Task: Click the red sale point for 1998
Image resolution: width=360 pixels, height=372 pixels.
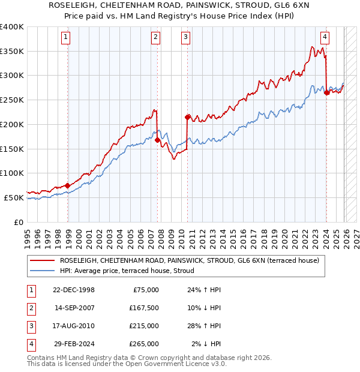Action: pos(68,185)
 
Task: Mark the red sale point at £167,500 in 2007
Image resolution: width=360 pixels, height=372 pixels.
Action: pos(158,140)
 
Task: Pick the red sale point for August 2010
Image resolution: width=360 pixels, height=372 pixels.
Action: pos(188,117)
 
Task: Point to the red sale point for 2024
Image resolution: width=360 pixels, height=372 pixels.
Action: pos(326,92)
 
